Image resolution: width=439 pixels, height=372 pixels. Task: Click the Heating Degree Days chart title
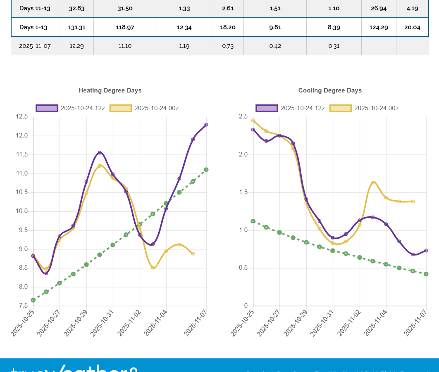(110, 90)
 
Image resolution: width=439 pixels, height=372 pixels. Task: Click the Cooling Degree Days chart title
(330, 90)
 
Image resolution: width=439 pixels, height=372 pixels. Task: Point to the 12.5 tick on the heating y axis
(22, 117)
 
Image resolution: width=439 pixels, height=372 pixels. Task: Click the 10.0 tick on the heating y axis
(22, 211)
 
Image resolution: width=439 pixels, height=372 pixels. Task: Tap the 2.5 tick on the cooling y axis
(243, 117)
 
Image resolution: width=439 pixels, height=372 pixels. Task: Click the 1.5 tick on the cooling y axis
(243, 192)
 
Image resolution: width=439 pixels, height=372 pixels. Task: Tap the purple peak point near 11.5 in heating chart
(100, 153)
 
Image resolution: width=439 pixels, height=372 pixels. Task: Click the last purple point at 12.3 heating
(206, 124)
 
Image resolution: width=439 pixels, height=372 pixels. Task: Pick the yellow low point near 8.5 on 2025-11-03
(153, 268)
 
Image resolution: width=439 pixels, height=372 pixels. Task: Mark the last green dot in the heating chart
(206, 170)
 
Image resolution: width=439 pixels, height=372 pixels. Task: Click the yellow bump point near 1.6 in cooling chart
(373, 182)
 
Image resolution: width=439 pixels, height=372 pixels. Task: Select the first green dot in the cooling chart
(253, 221)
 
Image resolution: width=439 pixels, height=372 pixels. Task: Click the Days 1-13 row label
(33, 28)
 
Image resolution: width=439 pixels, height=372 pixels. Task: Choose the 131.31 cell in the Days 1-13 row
(76, 28)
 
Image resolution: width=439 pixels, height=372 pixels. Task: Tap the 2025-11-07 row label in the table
(35, 46)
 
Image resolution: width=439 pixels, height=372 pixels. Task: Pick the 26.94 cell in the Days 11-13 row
(379, 8)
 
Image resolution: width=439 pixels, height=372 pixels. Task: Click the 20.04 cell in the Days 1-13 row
(412, 28)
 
